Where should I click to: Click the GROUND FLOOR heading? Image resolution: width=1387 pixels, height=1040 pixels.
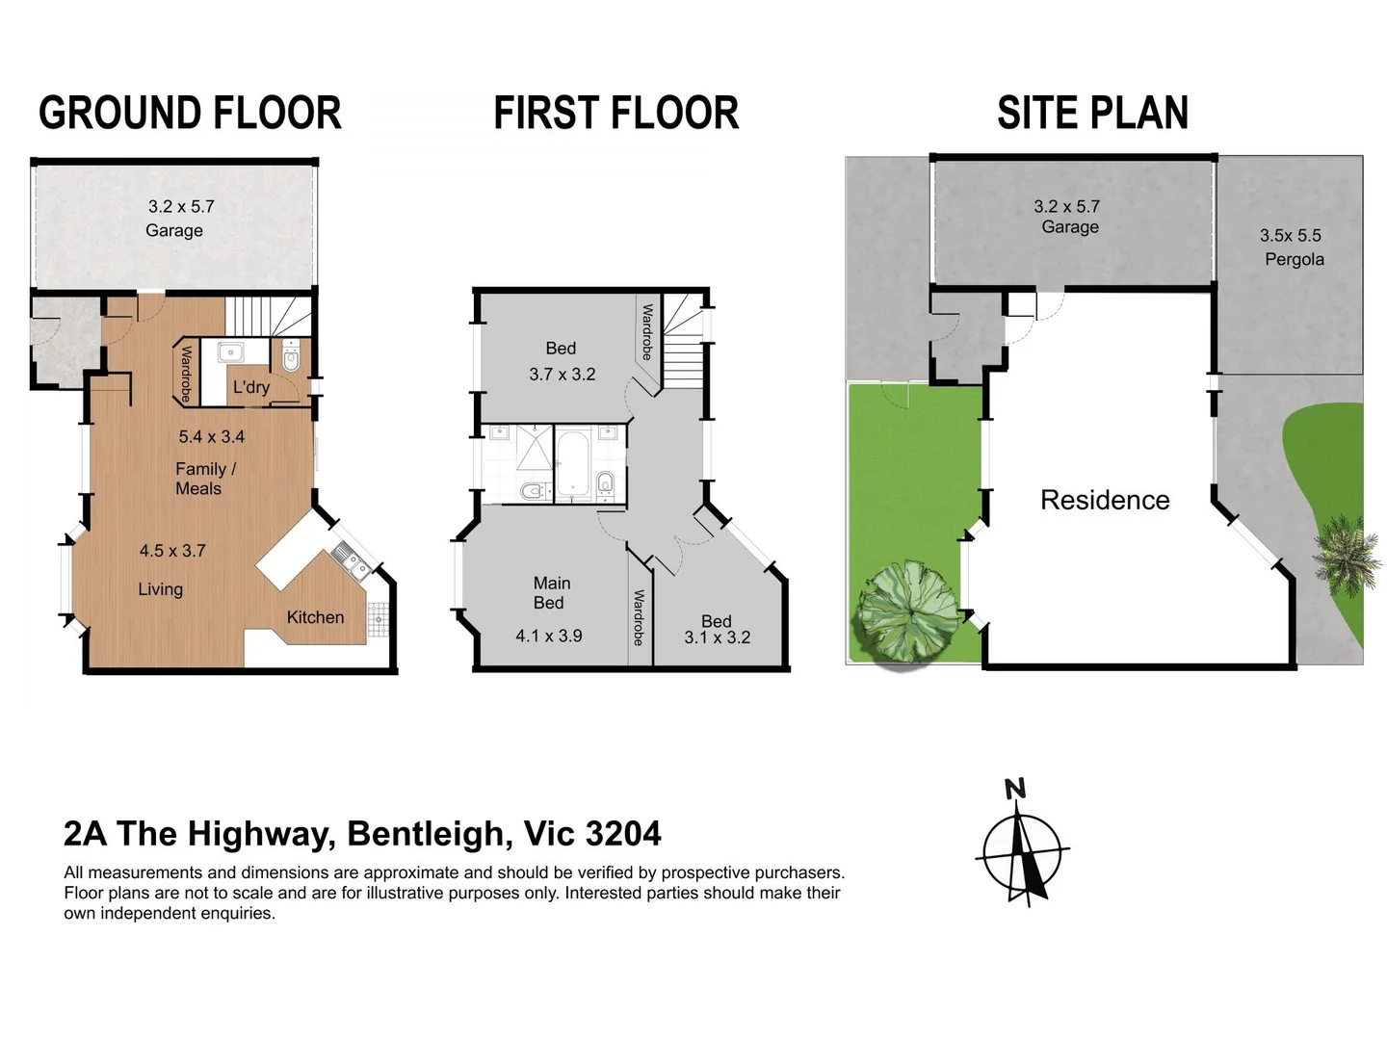(x=190, y=113)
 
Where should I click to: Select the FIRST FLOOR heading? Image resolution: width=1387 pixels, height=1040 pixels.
(x=615, y=113)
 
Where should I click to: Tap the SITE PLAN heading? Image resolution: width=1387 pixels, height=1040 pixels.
(x=1092, y=113)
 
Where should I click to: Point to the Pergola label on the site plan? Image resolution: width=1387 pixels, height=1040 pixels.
(x=1294, y=259)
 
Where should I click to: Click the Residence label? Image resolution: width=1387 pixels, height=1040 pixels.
(x=1105, y=500)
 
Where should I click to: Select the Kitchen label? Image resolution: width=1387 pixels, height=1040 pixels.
(x=315, y=617)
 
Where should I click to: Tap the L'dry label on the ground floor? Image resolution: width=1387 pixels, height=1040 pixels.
(x=251, y=387)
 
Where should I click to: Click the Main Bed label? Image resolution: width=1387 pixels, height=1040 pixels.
(x=551, y=592)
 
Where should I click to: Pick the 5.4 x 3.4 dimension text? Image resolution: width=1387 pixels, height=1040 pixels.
(x=212, y=436)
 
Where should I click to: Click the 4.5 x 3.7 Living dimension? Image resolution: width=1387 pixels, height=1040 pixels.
(x=172, y=551)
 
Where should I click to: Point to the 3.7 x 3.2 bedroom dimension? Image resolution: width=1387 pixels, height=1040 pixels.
(x=562, y=374)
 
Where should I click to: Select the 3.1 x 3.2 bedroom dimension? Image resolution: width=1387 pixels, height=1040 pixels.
(x=717, y=637)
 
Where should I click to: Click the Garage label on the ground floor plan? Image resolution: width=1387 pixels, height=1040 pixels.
(x=174, y=230)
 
